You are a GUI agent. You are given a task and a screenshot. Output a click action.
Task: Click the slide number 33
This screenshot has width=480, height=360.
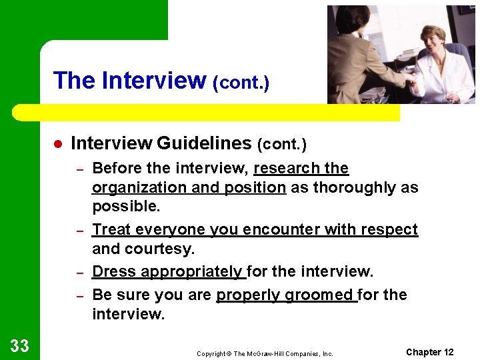coord(20,345)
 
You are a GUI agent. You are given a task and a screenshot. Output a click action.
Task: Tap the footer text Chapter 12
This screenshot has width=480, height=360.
coord(429,352)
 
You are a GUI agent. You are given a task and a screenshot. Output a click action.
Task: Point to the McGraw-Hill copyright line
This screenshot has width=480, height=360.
coord(265,354)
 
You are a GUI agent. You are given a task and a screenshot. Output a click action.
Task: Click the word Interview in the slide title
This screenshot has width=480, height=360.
coord(154,81)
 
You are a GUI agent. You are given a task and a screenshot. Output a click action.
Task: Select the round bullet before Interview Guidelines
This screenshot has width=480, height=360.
coord(58,144)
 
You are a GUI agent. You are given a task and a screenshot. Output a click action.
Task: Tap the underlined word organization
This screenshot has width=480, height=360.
coord(139,187)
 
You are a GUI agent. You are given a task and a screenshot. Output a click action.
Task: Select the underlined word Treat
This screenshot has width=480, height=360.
coord(111,229)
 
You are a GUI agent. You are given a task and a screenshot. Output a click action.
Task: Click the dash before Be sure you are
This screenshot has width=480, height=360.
coord(79,295)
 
